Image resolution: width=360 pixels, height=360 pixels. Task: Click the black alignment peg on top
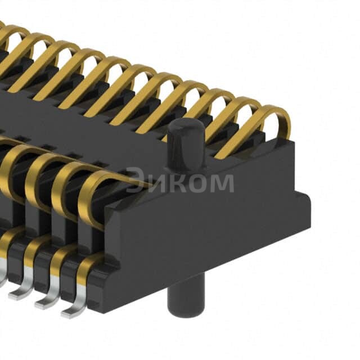click(x=186, y=143)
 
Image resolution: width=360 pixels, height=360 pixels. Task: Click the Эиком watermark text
click(x=179, y=182)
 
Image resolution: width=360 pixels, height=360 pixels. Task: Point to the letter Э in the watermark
click(x=135, y=181)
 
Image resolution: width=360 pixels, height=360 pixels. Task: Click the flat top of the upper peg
click(x=186, y=125)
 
